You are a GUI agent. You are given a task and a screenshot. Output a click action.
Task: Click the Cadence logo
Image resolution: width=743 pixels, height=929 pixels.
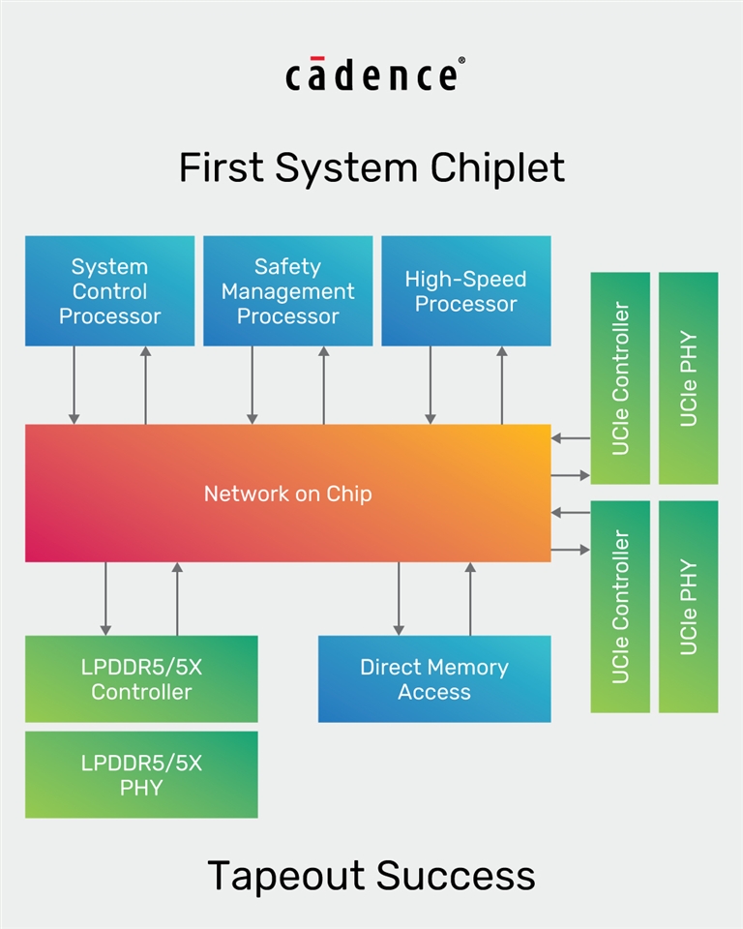371,75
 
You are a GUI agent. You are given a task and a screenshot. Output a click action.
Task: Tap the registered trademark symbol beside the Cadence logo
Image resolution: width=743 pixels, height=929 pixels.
461,61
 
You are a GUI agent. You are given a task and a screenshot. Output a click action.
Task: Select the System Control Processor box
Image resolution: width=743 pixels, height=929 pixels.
109,291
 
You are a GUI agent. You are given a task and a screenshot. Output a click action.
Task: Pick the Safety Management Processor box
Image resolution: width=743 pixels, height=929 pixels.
287,291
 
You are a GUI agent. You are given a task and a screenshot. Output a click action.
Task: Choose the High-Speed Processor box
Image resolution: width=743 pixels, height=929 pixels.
465,291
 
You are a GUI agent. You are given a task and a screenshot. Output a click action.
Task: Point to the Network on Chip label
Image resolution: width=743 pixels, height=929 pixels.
287,494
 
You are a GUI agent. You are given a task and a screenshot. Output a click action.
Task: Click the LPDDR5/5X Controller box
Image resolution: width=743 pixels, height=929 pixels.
141,679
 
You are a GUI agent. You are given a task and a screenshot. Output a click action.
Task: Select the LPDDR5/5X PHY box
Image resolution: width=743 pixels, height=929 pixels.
141,775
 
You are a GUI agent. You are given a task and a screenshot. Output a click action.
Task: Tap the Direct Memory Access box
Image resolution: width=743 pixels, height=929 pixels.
434,679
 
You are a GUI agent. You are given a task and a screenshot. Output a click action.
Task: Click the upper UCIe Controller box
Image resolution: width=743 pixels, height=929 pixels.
620,378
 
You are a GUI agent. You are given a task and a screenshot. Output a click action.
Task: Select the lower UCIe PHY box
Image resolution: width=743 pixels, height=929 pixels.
688,607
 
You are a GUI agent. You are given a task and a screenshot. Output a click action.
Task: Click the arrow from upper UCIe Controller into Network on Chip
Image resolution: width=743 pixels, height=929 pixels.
570,438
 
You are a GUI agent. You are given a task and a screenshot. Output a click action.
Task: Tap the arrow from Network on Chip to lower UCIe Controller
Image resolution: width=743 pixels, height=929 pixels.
570,550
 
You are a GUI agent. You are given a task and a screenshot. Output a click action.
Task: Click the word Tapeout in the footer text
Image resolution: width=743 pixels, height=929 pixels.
286,876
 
